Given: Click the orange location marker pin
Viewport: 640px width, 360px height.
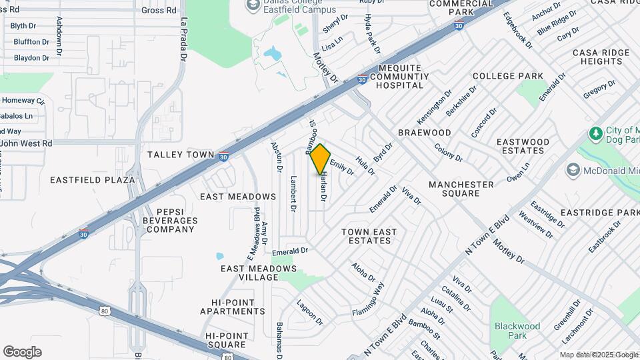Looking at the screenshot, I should (x=321, y=159).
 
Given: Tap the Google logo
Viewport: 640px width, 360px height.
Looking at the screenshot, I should (x=22, y=352).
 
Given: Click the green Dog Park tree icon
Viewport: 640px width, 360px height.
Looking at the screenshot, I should (x=595, y=134).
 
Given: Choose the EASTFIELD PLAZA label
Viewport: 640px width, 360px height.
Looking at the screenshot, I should (x=83, y=180).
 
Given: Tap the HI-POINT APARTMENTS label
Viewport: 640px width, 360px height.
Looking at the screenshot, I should (x=227, y=307).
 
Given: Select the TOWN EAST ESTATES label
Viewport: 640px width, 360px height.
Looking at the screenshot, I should (x=369, y=236).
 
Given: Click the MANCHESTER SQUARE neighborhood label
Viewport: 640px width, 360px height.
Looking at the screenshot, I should (x=461, y=189).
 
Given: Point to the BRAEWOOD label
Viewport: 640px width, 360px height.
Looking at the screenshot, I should (x=425, y=133).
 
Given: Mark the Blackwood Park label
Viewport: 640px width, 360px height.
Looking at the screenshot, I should (x=517, y=331).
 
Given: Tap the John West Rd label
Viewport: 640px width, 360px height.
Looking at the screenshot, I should (x=27, y=143).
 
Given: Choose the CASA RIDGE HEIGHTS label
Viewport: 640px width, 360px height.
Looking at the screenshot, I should (x=601, y=57).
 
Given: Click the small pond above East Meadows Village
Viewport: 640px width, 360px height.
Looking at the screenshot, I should (x=220, y=256).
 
